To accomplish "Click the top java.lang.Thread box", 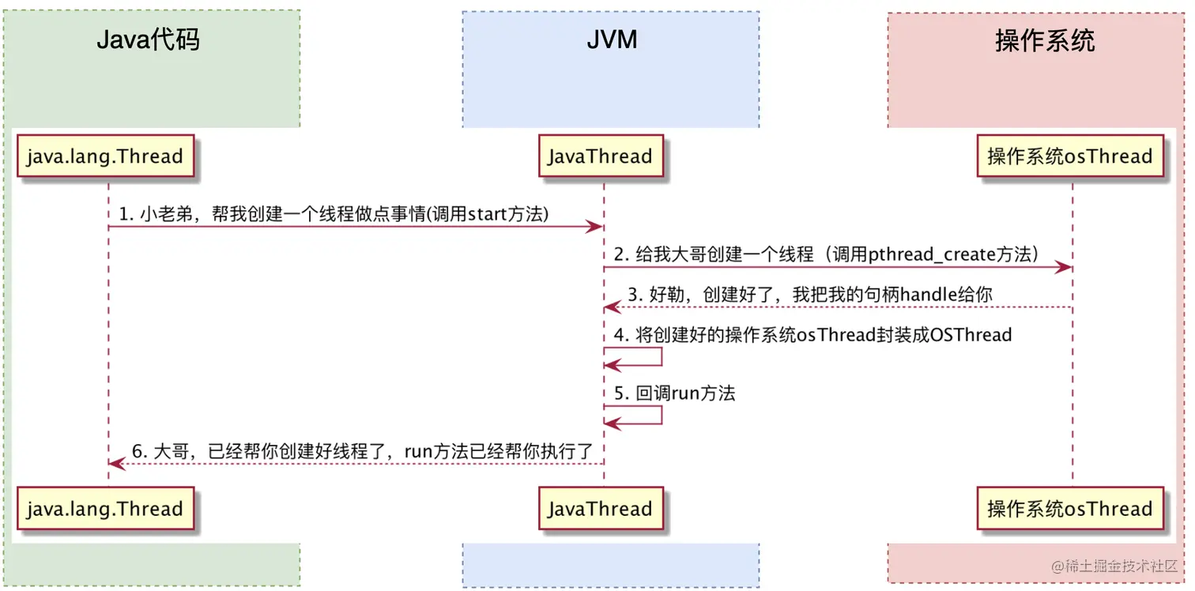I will pyautogui.click(x=104, y=156).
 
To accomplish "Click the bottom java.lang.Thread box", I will pyautogui.click(x=104, y=509).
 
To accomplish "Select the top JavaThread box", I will pyautogui.click(x=601, y=156).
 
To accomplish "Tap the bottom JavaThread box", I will pyautogui.click(x=601, y=509).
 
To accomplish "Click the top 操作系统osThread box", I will pyautogui.click(x=1070, y=156).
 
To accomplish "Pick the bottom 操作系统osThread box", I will pyautogui.click(x=1070, y=509).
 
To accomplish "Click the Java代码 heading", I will pyautogui.click(x=148, y=40).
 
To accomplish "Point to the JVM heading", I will pyautogui.click(x=612, y=40).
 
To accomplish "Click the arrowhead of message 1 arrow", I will pyautogui.click(x=598, y=228).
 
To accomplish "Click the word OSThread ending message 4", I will pyautogui.click(x=971, y=334).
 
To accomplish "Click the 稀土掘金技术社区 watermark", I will pyautogui.click(x=1114, y=567).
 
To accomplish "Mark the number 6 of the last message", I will pyautogui.click(x=137, y=451).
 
